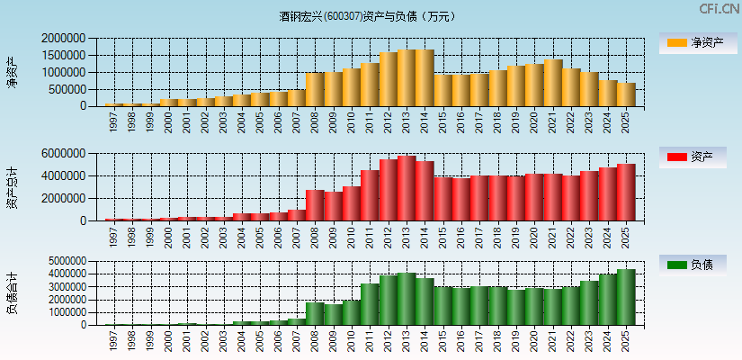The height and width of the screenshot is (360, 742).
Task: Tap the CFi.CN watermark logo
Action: [x=719, y=9]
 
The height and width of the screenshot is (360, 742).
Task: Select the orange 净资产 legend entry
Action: [x=698, y=42]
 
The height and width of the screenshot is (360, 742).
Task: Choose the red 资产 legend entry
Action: [x=698, y=157]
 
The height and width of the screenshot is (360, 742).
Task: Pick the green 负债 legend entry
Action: [x=698, y=265]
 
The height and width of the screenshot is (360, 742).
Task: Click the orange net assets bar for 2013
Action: [x=406, y=78]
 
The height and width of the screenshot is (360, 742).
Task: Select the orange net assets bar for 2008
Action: [x=314, y=90]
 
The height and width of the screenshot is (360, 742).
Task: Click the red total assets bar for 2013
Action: [x=406, y=189]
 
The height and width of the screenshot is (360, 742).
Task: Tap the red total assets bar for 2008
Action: [x=314, y=205]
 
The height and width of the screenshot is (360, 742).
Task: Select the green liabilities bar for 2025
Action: [x=625, y=298]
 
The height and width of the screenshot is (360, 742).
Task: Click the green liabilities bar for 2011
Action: [x=369, y=305]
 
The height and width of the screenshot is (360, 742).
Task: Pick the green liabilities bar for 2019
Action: [x=515, y=308]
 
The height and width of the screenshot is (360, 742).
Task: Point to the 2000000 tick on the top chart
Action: [x=64, y=39]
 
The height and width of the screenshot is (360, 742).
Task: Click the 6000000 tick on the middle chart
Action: [x=64, y=154]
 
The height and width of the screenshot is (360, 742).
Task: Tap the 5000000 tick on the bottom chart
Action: [x=64, y=261]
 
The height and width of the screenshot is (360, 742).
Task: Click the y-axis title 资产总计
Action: [x=12, y=187]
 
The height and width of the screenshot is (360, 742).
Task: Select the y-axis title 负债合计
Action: [x=12, y=293]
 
